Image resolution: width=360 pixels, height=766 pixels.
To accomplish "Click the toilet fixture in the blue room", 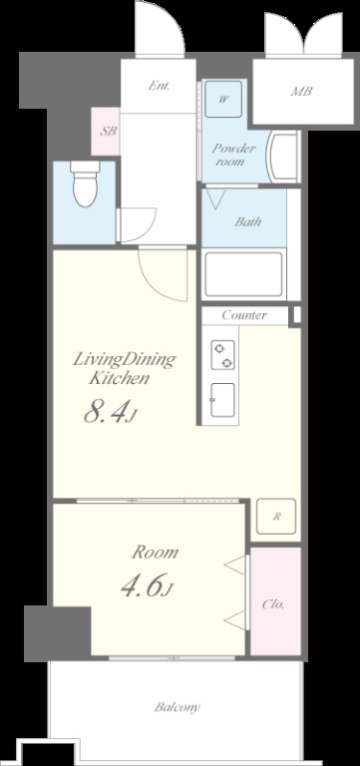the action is pos(85,184).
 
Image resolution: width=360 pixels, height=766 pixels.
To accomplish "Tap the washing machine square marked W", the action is pos(223,99).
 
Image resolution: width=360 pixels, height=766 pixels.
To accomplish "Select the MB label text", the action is pos(301,91).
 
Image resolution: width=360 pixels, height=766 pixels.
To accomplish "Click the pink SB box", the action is pos(106,132).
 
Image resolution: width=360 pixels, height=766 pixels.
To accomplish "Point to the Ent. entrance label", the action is pos(160,86).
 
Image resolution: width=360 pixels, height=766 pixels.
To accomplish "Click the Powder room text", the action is pos(233,155).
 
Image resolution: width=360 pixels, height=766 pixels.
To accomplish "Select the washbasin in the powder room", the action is pos(282,157).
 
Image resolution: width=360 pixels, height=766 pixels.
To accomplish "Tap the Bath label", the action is pos(247,221).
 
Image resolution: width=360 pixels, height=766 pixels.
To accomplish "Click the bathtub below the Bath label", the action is pos(243,274).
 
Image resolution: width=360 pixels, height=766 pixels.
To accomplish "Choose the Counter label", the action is pos(244,315).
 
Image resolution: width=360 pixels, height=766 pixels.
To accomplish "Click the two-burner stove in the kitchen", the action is pos(222,356).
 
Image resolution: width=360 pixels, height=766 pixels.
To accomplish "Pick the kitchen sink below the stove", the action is pos(222,400).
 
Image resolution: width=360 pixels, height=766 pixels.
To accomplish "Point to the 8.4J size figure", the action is pos(111,413).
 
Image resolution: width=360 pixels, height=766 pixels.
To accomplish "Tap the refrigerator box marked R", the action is pos(276,517).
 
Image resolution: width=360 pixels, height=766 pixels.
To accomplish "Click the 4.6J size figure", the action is pos(147,585).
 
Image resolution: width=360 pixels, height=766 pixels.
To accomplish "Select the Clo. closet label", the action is pos(273,604).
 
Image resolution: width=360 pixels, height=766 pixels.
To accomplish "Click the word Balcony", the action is pos(178,707).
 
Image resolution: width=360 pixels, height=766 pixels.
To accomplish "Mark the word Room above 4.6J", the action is pos(156,553).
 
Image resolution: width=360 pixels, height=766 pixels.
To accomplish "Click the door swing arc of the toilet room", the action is pos(147,229).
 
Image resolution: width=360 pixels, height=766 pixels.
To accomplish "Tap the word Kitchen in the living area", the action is pos(119,378).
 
